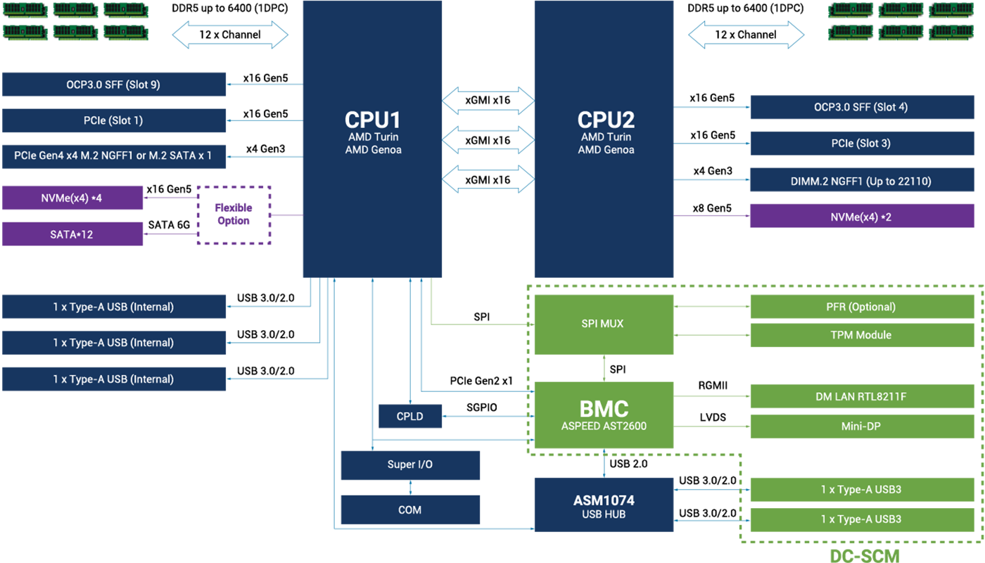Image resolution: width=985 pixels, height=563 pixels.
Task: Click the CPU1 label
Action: [373, 119]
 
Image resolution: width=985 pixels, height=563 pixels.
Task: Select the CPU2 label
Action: [606, 119]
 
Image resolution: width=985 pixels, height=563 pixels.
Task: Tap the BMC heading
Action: [604, 409]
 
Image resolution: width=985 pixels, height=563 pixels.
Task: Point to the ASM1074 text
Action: [604, 500]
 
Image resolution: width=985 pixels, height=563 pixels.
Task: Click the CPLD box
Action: [410, 417]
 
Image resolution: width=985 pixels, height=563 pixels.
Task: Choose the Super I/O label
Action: [409, 464]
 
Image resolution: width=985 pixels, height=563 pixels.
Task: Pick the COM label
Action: [409, 510]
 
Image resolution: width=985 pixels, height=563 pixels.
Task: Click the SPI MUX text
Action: [602, 324]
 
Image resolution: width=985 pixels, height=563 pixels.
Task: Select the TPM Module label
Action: [860, 335]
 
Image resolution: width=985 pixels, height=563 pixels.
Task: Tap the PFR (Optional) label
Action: [860, 307]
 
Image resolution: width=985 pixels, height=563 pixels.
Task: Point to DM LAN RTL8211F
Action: [860, 397]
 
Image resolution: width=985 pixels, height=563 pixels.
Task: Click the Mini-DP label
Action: [860, 426]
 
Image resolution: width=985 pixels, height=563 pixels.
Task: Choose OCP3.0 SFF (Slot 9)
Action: [113, 84]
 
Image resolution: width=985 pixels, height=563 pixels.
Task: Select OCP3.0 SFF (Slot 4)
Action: [860, 107]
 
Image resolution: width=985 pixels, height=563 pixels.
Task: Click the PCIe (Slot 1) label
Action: [113, 120]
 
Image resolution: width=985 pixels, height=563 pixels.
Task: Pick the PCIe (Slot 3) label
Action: [860, 144]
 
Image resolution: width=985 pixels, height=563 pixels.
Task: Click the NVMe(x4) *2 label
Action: [860, 217]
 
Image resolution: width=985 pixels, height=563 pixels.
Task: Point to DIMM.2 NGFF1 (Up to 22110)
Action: [860, 182]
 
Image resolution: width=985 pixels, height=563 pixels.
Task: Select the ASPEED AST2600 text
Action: [604, 426]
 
